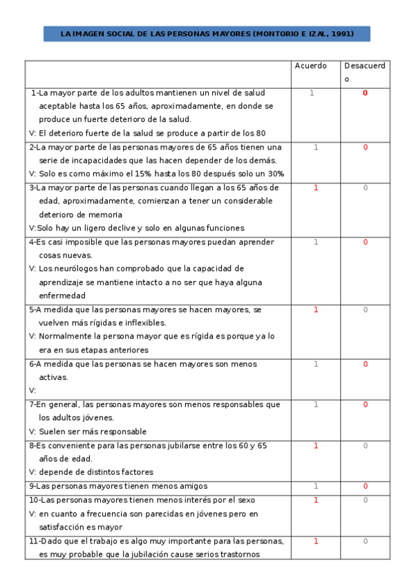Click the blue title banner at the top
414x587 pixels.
(207, 33)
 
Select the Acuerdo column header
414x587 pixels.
(310, 66)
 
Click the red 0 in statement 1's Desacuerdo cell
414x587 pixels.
(365, 93)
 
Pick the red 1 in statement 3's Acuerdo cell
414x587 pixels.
(316, 188)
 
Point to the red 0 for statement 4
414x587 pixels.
(365, 242)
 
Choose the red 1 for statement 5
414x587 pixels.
(316, 309)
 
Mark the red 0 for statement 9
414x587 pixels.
(365, 486)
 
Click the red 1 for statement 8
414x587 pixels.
(316, 446)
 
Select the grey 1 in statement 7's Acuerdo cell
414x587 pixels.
(316, 404)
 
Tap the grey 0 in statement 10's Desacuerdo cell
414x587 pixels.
(365, 500)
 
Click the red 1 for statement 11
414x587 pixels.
(316, 541)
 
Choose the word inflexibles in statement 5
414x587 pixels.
(144, 323)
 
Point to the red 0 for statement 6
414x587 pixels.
(365, 364)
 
